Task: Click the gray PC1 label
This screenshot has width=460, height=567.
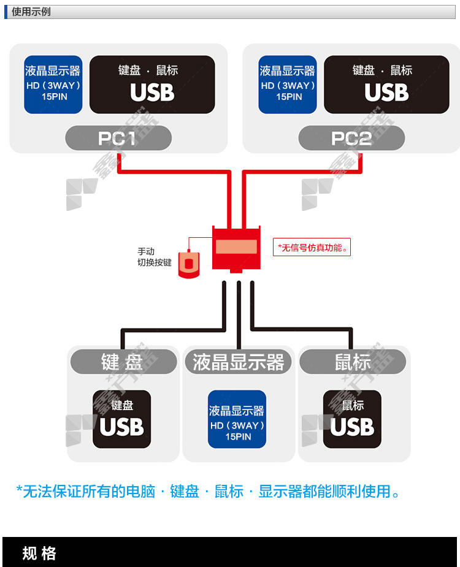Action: pos(118,138)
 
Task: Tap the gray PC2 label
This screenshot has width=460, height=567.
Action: pos(351,138)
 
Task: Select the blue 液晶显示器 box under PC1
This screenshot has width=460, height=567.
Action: pos(53,85)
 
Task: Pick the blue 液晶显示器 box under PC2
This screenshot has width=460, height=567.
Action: pos(288,85)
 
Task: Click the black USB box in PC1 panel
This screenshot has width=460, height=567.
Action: pos(152,85)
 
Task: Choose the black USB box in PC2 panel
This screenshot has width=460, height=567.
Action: pos(386,85)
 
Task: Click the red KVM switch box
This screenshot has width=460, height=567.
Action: pos(236,249)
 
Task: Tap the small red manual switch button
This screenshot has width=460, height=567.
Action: pos(189,264)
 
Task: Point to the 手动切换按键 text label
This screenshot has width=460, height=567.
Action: pos(154,257)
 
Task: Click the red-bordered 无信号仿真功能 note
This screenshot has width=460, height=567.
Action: pos(312,248)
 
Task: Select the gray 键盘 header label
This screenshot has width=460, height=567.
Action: pos(123,361)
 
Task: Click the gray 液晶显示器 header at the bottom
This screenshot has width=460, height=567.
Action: pos(238,361)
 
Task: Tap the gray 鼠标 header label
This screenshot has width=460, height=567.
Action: pos(353,361)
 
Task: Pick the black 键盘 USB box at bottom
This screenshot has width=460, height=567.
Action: pos(122,419)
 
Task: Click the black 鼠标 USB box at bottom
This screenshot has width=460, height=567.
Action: pos(352,419)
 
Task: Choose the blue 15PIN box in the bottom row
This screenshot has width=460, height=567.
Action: pos(237,419)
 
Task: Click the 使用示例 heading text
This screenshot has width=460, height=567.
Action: pos(31,12)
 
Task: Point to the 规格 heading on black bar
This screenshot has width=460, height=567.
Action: pos(39,554)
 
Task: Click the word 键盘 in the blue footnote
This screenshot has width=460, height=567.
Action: pos(185,492)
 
